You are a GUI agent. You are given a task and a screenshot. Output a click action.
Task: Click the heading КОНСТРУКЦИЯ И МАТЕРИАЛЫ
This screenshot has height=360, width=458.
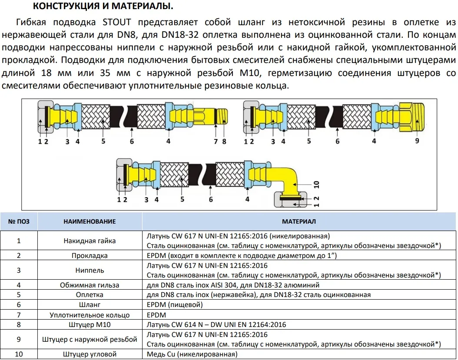[x=103, y=7]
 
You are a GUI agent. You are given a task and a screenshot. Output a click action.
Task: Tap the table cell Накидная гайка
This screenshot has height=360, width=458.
[x=90, y=241]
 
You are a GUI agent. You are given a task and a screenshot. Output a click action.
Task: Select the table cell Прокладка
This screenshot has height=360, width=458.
[x=90, y=256]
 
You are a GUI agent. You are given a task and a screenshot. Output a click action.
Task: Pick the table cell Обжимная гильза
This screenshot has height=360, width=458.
[x=90, y=285]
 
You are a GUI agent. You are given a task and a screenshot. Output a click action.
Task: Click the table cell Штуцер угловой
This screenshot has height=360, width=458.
[x=90, y=354]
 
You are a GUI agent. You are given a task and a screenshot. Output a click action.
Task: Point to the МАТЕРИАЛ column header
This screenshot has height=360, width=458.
[x=299, y=221]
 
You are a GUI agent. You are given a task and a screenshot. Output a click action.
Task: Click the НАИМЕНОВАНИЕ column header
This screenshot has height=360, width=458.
[x=90, y=221]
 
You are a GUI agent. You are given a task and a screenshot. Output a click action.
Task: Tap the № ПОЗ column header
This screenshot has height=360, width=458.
[x=19, y=221]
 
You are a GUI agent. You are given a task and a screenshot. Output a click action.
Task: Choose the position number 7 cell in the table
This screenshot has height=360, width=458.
[x=19, y=315]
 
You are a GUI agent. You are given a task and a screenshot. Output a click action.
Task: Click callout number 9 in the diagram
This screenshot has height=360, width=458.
[x=417, y=141]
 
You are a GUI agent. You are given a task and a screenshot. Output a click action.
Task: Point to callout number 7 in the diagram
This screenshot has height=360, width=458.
[x=216, y=141]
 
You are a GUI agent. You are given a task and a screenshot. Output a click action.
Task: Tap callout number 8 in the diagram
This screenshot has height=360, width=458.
[x=224, y=141]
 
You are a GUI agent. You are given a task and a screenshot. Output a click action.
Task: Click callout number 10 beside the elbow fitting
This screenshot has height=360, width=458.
[x=316, y=184]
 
